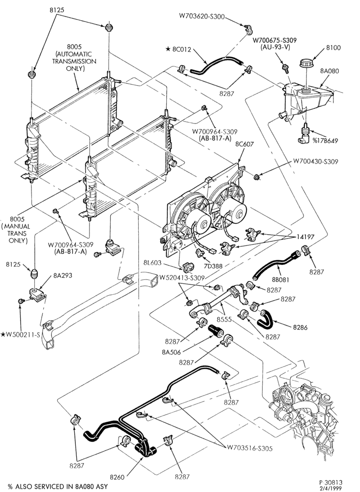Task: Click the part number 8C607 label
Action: click(244, 144)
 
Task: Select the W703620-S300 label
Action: click(202, 16)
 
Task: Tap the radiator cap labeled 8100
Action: click(305, 62)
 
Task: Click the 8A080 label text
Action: click(330, 71)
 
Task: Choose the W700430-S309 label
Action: click(316, 161)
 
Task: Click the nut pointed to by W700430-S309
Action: click(256, 177)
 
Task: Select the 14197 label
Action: click(305, 237)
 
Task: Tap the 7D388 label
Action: click(213, 266)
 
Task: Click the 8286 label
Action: click(300, 328)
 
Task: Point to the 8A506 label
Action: click(172, 352)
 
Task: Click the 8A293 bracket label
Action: click(63, 276)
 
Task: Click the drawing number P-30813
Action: click(331, 482)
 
